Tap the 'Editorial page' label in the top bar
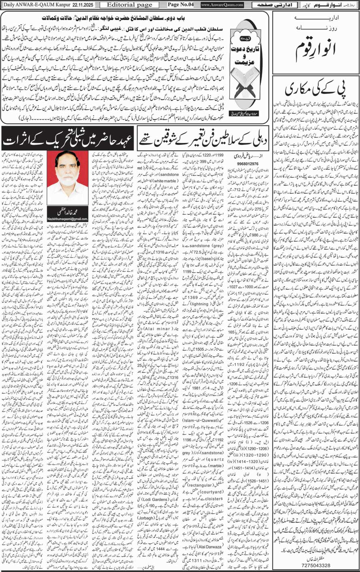[x=125, y=5]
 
